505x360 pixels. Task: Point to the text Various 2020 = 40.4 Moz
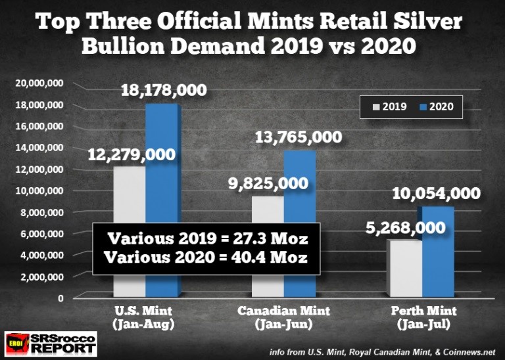pyautogui.click(x=206, y=257)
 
